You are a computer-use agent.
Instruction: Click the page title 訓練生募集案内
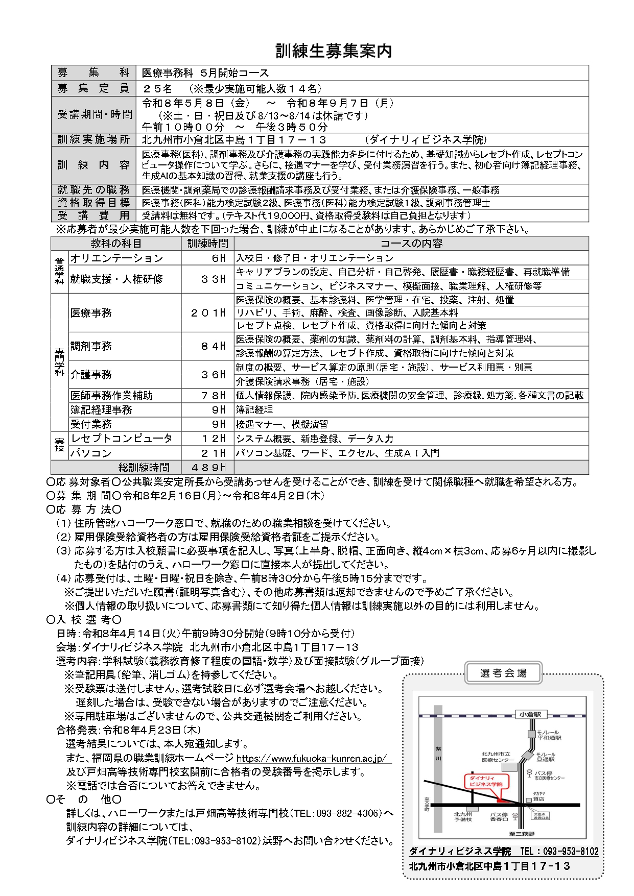(334, 51)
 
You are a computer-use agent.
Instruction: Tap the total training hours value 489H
(208, 467)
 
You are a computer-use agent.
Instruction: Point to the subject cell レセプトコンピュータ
(122, 439)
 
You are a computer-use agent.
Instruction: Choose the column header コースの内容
(411, 244)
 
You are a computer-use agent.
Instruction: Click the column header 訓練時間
(208, 244)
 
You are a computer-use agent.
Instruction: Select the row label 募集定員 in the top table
(93, 88)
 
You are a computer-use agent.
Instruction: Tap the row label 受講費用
(93, 215)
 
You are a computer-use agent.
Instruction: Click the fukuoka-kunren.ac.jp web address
(312, 758)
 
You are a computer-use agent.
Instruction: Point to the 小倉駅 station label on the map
(530, 714)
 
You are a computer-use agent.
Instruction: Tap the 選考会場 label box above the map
(503, 673)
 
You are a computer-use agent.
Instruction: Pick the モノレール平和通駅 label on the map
(549, 735)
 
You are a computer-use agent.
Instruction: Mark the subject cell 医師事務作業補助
(112, 396)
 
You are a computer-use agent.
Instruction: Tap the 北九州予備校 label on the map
(463, 816)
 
